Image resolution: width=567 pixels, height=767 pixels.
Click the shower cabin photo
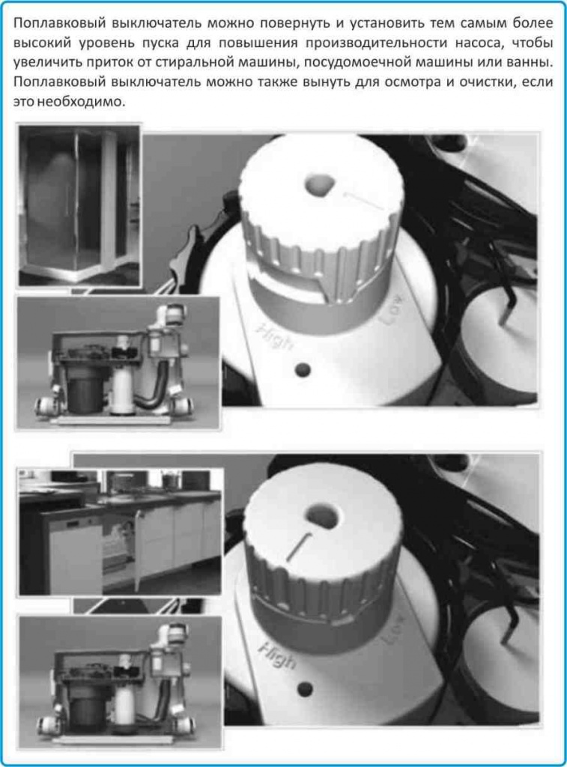pos(79,206)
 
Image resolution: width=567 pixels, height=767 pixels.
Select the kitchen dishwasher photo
pos(120,532)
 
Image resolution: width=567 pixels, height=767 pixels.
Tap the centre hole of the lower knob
pos(323,514)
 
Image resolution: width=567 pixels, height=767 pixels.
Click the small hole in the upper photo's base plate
pos(303,370)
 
